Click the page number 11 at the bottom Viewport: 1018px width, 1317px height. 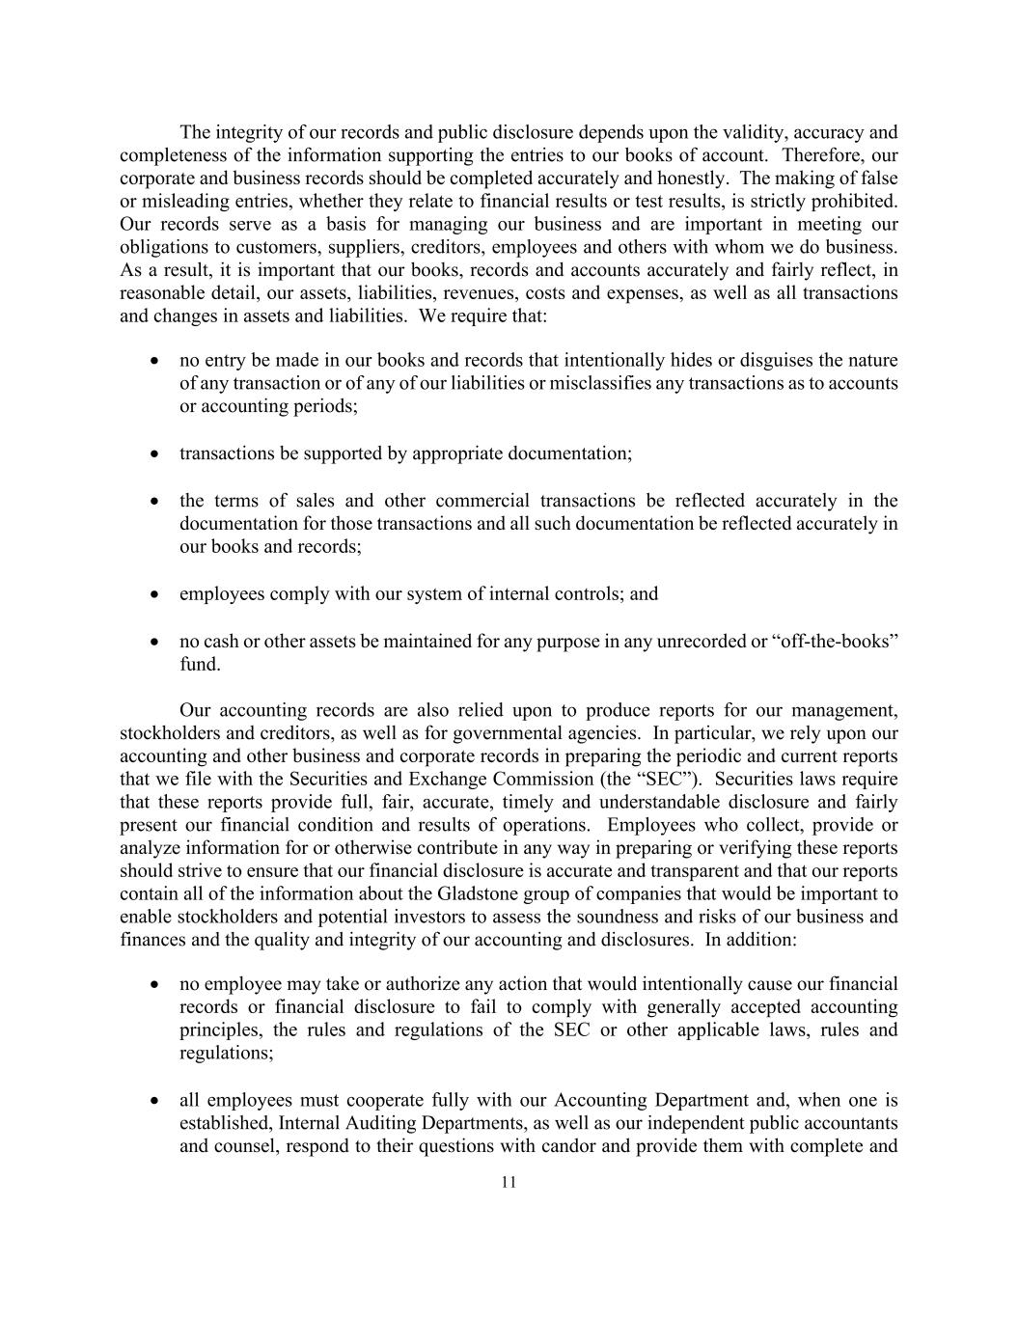pyautogui.click(x=509, y=1183)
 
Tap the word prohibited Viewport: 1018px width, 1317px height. pyautogui.click(x=857, y=202)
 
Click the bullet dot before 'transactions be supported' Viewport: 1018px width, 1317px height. pyautogui.click(x=154, y=453)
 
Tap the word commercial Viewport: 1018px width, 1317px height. pyautogui.click(x=481, y=501)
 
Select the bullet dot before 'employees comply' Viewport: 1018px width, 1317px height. pyautogui.click(x=154, y=594)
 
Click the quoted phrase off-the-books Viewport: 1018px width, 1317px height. pyautogui.click(x=836, y=642)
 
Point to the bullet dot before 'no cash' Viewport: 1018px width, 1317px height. pyautogui.click(x=154, y=642)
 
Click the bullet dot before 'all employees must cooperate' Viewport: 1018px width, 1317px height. pyautogui.click(x=154, y=1101)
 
